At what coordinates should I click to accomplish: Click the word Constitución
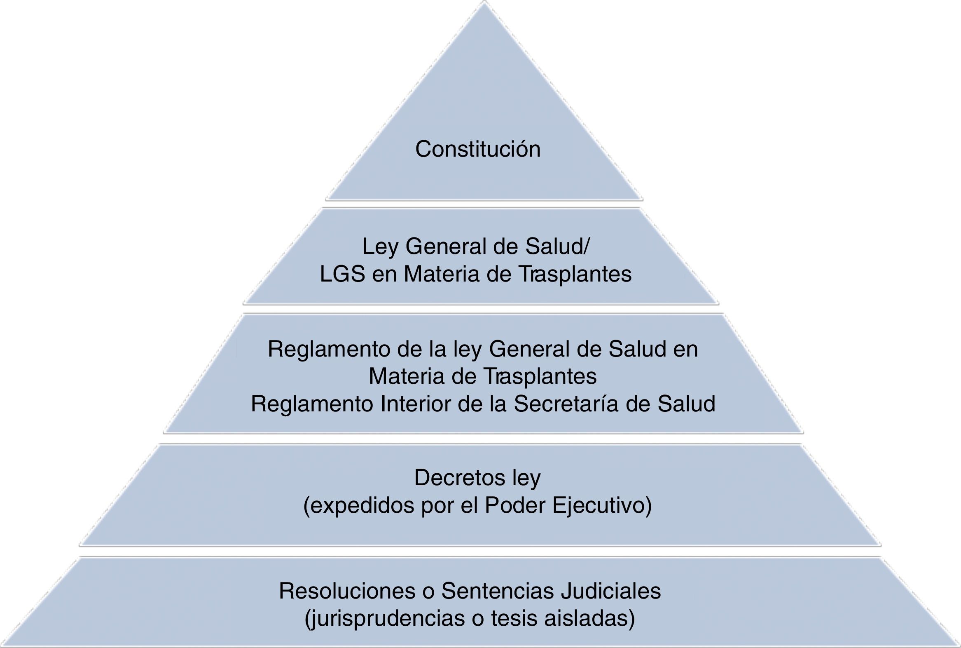[x=478, y=149]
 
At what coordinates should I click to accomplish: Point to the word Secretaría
[x=566, y=404]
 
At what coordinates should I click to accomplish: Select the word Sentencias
[x=497, y=591]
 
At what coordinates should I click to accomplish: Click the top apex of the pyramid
[x=484, y=2]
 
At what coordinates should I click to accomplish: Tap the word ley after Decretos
[x=526, y=479]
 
